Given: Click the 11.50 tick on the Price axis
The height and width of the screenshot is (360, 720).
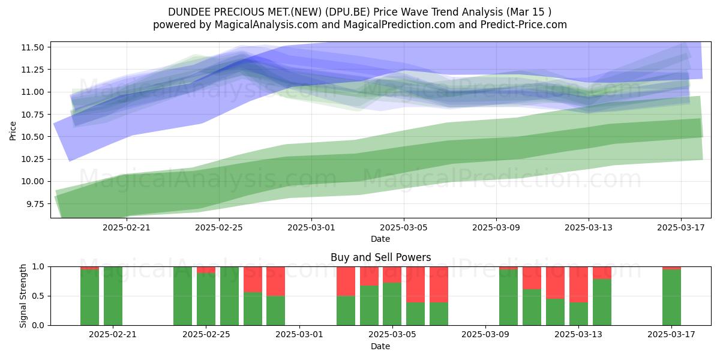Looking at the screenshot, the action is tap(32, 47).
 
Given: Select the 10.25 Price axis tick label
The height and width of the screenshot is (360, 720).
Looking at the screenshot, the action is tap(32, 160).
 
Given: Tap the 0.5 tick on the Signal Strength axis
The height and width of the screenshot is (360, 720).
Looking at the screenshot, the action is tap(38, 296).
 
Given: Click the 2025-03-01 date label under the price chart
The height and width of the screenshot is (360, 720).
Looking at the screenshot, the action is tap(311, 228).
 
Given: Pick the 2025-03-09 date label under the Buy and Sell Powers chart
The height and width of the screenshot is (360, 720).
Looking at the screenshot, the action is tap(485, 335).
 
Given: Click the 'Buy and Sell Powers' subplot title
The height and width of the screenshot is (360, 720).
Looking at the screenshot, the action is tap(380, 257).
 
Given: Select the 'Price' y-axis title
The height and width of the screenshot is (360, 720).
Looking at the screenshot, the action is tap(13, 131).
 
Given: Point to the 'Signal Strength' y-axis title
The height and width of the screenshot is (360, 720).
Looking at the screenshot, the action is tap(23, 296).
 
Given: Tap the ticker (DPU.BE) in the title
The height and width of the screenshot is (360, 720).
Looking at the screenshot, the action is tap(347, 12).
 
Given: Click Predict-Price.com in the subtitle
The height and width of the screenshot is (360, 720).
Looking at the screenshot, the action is tap(524, 25).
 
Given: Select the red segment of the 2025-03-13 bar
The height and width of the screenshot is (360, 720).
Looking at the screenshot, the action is tap(578, 284).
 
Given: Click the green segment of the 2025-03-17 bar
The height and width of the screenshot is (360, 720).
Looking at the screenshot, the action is tap(671, 298).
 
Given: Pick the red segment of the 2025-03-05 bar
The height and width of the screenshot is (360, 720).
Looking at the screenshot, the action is tap(392, 275).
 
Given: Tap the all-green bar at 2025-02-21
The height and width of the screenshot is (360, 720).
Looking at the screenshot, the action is tap(113, 296).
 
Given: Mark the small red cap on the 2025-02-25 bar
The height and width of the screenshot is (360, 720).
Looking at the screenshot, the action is tap(206, 269).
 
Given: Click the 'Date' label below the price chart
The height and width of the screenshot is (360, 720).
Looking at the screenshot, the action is tap(380, 239).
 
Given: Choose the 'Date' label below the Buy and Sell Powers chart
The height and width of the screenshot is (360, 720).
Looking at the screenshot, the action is tap(380, 346).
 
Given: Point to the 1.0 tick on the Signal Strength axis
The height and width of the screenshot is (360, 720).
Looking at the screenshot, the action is tap(38, 267).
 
